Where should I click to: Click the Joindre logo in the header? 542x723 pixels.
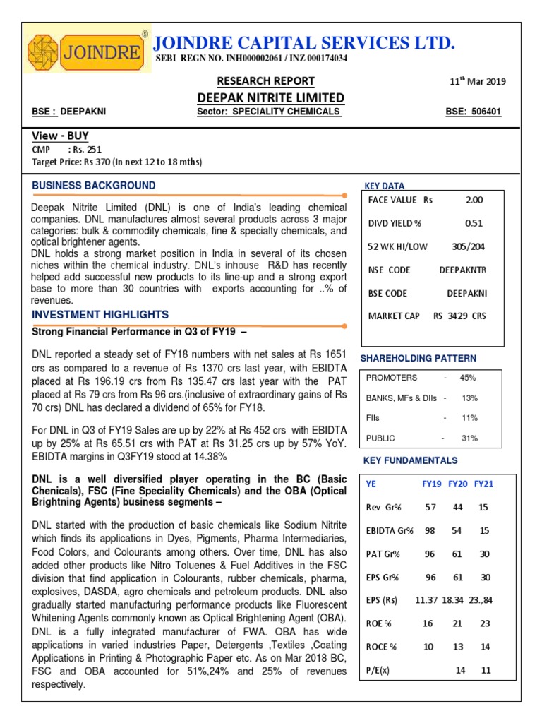(x=86, y=52)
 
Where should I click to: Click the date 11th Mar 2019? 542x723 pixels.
(x=478, y=81)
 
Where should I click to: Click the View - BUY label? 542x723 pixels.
(x=61, y=136)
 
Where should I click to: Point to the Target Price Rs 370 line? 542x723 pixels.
(x=117, y=162)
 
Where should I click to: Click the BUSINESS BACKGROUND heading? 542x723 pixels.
(x=94, y=186)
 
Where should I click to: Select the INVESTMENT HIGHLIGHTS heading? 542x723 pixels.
(x=100, y=314)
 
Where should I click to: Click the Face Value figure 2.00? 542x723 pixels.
(x=474, y=200)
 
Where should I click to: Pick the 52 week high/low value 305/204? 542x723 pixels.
(x=468, y=246)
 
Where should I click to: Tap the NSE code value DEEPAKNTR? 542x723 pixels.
(x=463, y=270)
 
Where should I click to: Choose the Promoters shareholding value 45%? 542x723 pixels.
(x=468, y=378)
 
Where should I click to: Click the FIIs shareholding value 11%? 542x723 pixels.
(x=469, y=418)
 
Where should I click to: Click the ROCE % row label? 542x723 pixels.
(x=383, y=646)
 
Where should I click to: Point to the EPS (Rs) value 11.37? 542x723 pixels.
(x=426, y=600)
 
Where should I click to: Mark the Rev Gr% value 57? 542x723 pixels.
(x=430, y=507)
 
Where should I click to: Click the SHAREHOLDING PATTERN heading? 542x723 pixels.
(x=418, y=359)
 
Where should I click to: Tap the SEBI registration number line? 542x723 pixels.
(x=251, y=59)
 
